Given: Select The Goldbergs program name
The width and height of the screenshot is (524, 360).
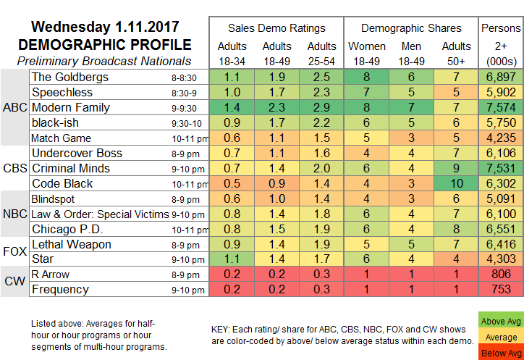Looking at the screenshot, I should tap(69, 76).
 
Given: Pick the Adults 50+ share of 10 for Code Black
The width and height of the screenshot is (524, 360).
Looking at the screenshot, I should tap(457, 184).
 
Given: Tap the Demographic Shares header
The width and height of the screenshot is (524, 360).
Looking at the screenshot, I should tap(410, 28).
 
